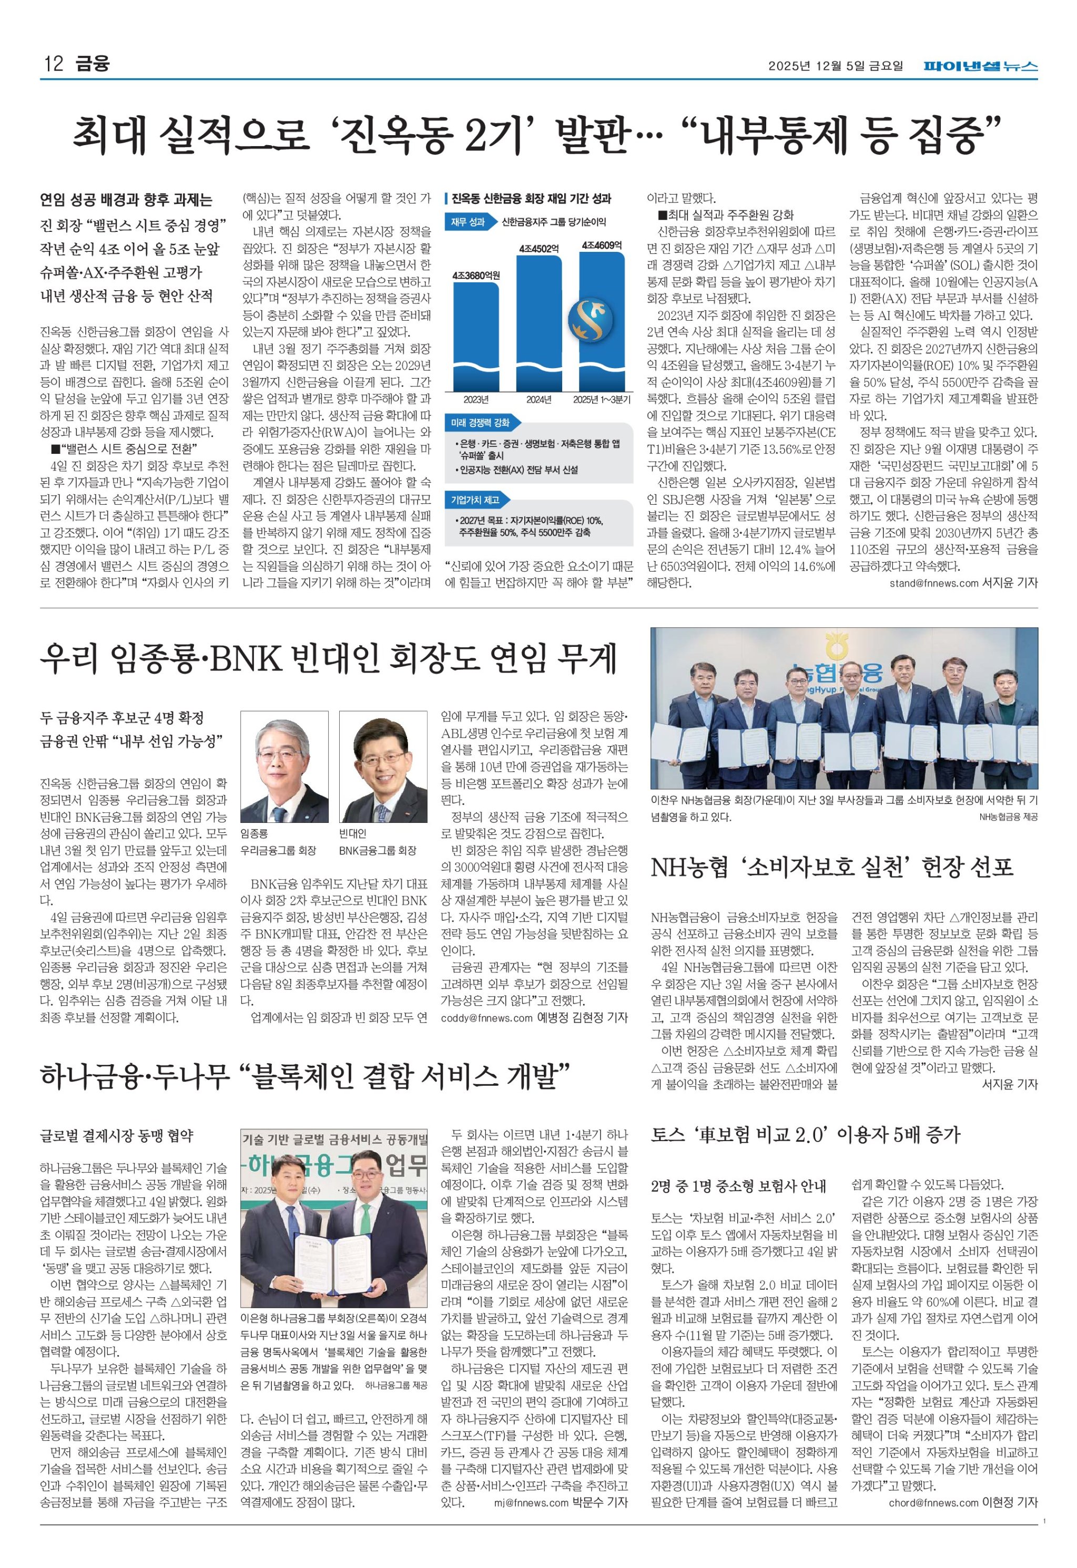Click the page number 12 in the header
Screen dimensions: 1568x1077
(x=53, y=64)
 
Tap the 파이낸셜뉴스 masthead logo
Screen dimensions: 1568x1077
(x=981, y=66)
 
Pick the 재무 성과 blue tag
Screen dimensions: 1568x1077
(x=469, y=222)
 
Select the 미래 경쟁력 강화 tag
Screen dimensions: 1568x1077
(x=481, y=423)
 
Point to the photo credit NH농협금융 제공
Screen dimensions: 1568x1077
(x=1008, y=817)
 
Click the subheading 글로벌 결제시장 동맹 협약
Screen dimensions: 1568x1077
(x=117, y=1136)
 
